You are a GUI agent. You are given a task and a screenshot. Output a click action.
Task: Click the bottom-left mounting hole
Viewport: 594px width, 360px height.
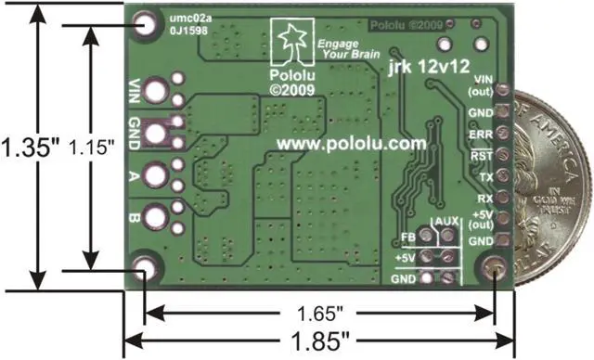(x=144, y=272)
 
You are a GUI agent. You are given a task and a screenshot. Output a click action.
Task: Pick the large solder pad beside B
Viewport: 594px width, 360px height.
(x=157, y=216)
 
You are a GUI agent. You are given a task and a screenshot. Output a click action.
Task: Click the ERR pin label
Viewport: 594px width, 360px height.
(x=481, y=134)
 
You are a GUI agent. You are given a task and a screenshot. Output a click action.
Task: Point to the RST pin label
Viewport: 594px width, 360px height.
(x=481, y=155)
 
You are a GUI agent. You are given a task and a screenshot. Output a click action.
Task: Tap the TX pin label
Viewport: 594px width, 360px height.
(x=484, y=176)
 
